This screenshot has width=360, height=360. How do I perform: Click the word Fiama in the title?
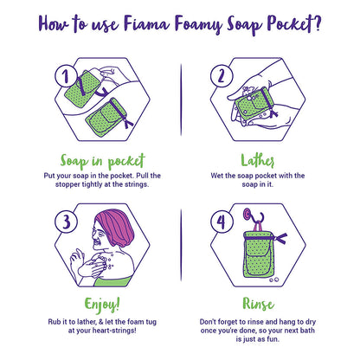point(146,23)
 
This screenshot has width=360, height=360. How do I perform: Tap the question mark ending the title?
point(318,23)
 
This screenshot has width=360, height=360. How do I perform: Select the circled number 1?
point(66,75)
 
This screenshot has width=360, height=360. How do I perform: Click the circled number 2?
point(222,75)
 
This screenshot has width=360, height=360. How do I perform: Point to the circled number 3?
point(66,222)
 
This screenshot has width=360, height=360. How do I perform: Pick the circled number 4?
point(222,222)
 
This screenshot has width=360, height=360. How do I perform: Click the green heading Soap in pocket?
point(102,162)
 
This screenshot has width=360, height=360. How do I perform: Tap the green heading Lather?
point(258,160)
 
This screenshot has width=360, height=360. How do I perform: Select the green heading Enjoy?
point(102,305)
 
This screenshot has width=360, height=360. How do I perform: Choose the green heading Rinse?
point(258,304)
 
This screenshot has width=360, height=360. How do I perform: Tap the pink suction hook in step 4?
point(247,214)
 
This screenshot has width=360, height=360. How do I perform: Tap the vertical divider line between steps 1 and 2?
point(181,100)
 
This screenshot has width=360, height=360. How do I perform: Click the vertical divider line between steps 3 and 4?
point(181,245)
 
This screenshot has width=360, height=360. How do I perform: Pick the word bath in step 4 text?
point(307,330)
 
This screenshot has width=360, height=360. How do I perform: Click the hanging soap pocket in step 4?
point(258,254)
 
